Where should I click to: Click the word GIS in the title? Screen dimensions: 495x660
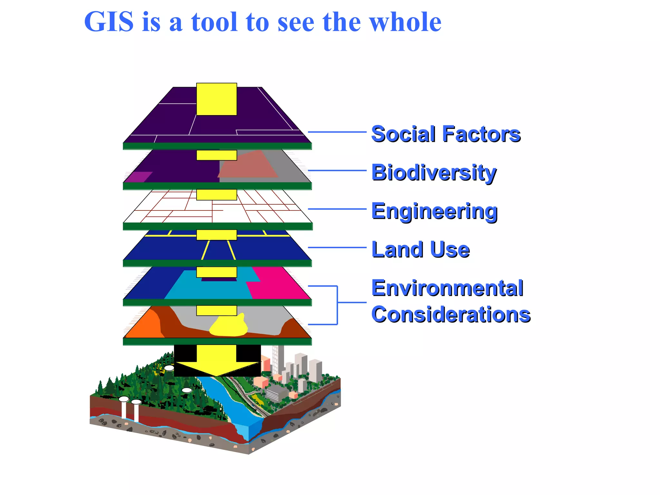pyautogui.click(x=109, y=22)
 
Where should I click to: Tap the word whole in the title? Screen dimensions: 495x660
pyautogui.click(x=405, y=22)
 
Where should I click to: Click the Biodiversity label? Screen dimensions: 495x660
pyautogui.click(x=434, y=172)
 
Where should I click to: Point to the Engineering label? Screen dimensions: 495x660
pyautogui.click(x=434, y=211)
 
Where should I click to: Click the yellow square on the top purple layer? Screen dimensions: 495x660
pyautogui.click(x=217, y=99)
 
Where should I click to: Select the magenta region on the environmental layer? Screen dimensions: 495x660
pyautogui.click(x=277, y=284)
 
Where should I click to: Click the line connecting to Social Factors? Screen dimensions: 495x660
pyautogui.click(x=337, y=132)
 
